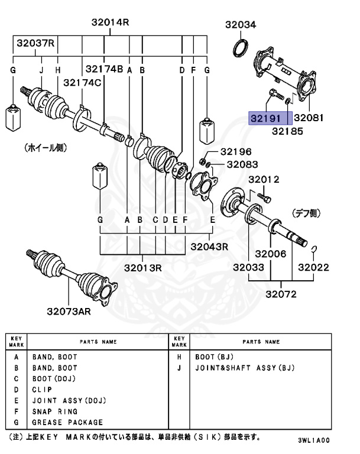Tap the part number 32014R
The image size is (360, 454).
(110, 23)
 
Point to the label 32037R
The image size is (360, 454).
(35, 43)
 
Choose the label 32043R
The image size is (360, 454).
(208, 246)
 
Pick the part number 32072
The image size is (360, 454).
(281, 294)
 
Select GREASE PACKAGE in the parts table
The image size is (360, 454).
(67, 422)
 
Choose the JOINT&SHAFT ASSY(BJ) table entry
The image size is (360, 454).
(244, 368)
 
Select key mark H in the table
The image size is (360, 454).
(178, 357)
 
